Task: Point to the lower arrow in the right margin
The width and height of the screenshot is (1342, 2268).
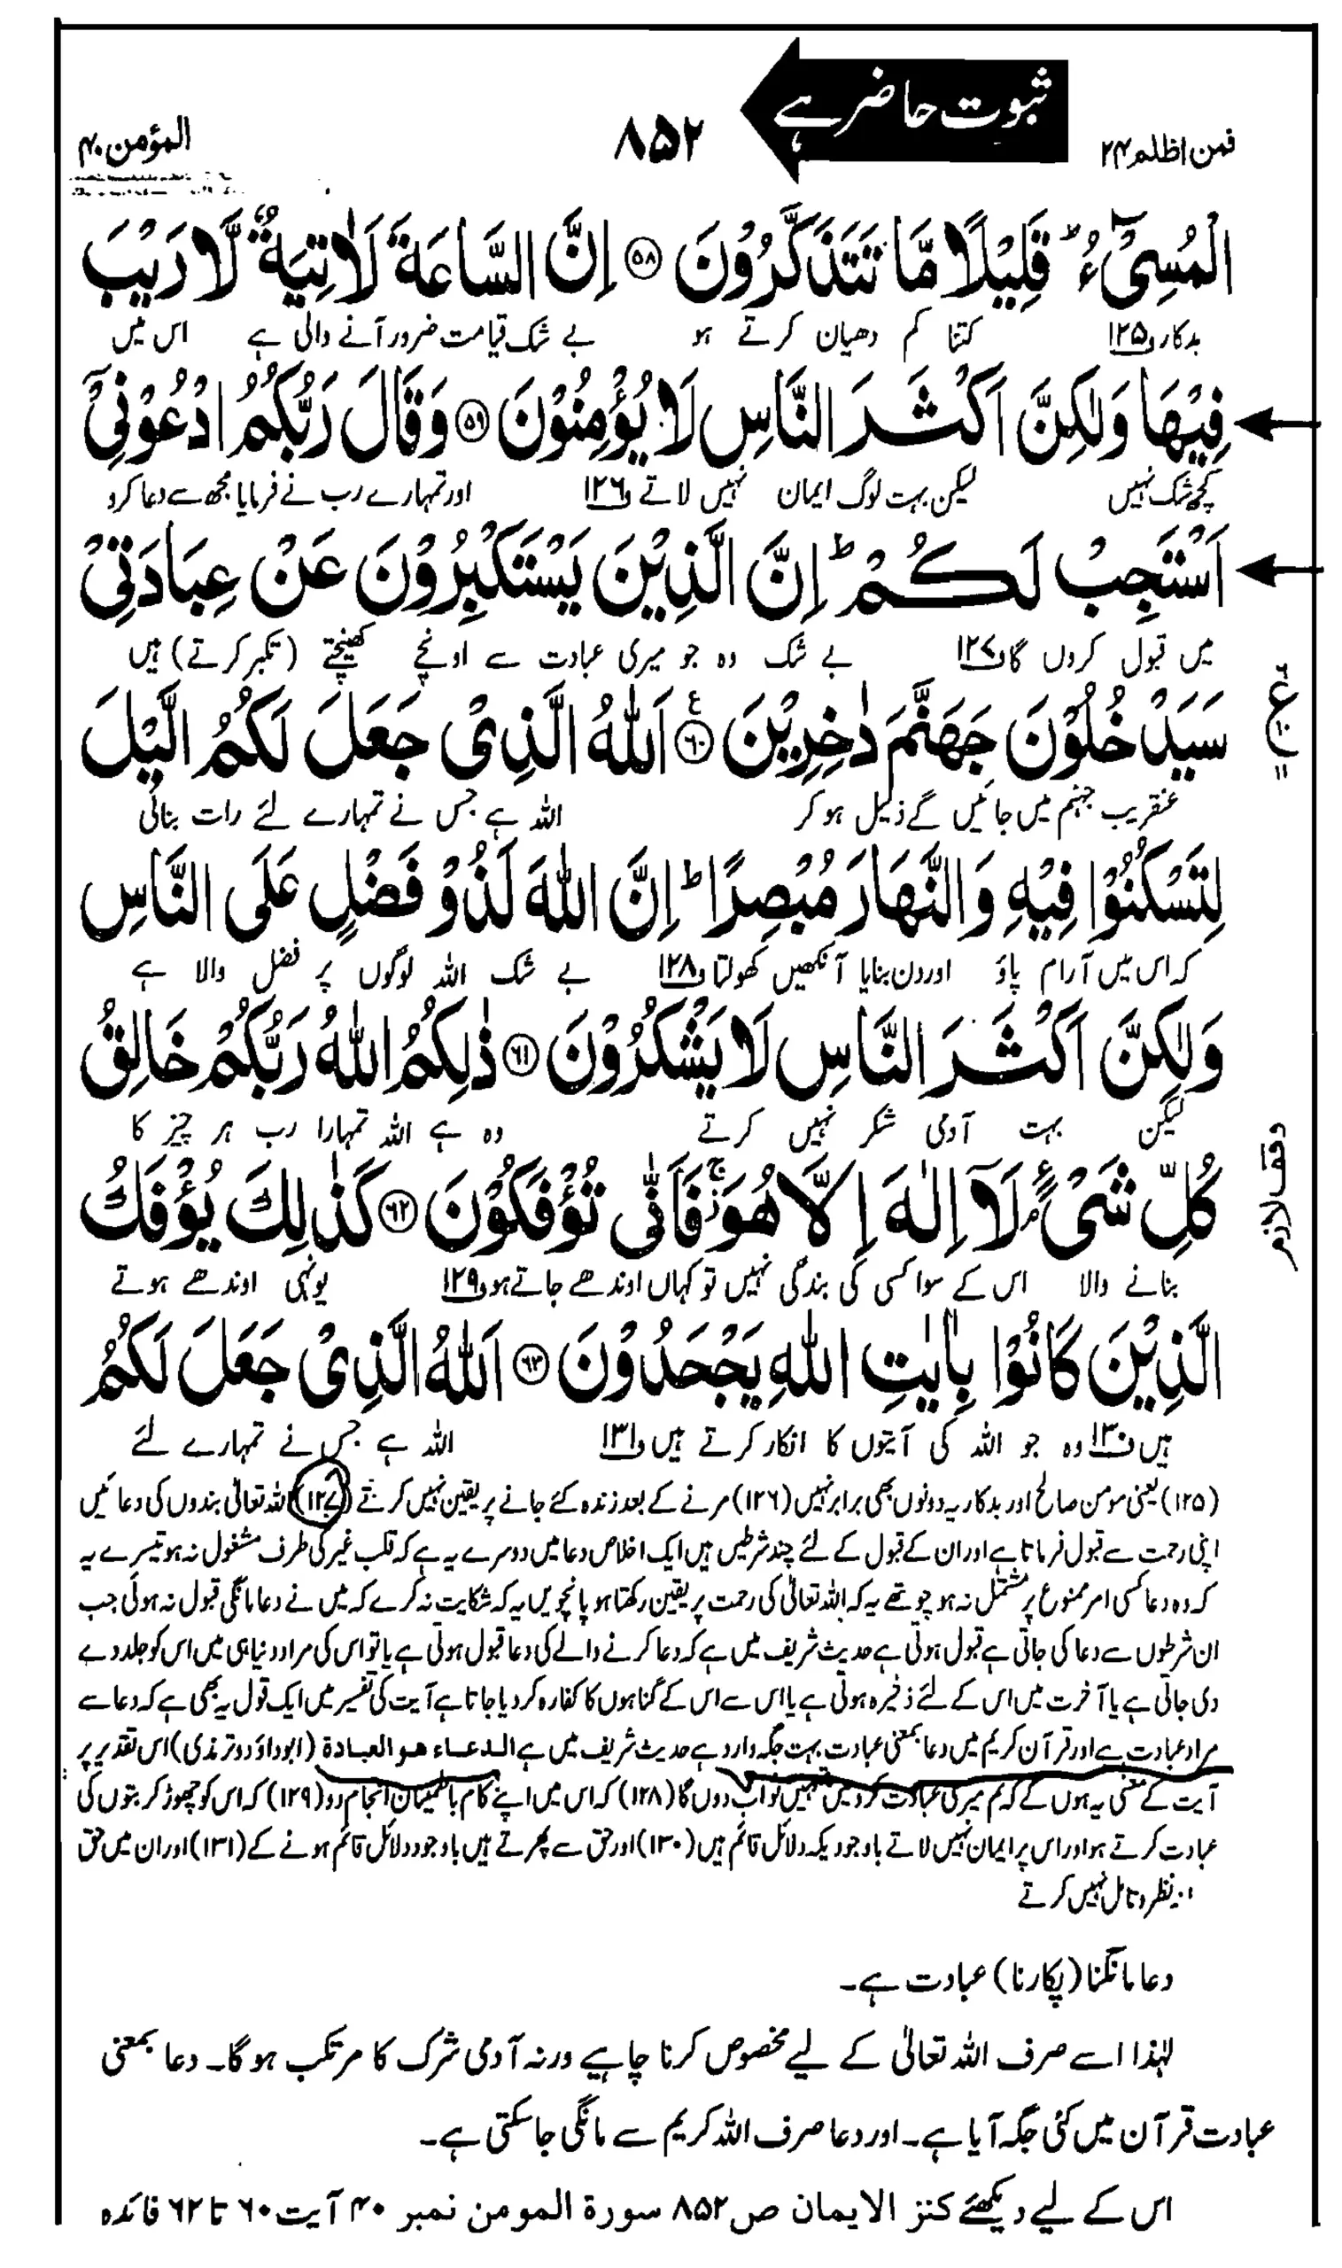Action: pos(1284,569)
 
